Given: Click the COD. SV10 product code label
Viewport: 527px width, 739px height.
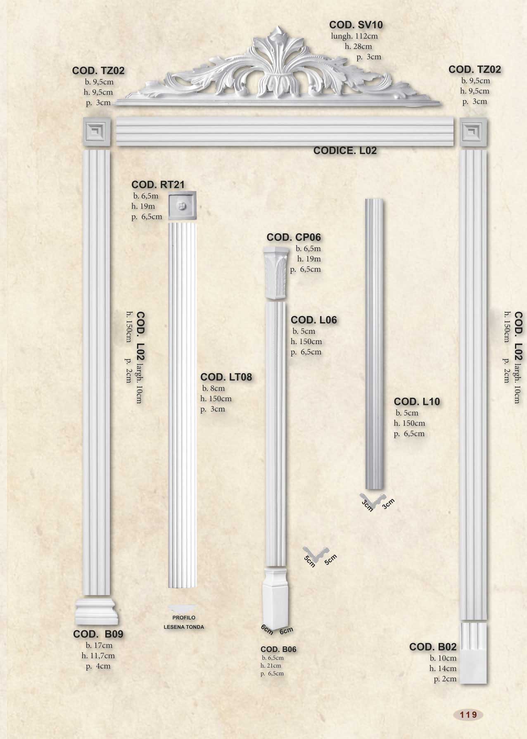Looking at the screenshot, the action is pos(356,25).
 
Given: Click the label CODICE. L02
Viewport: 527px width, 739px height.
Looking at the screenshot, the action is pos(345,151).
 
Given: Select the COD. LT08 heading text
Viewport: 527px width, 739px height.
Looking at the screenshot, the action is pos(226,377).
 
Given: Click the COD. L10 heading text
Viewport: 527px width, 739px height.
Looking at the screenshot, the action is pos(417,402).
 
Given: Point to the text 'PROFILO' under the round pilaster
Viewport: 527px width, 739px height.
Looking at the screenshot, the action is pos(184,618).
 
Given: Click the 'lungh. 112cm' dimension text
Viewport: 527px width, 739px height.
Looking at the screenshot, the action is pos(354,36).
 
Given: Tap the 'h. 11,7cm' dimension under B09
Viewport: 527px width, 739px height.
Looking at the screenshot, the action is pos(98,656).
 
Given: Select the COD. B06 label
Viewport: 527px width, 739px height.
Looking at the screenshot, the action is pos(278,649).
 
